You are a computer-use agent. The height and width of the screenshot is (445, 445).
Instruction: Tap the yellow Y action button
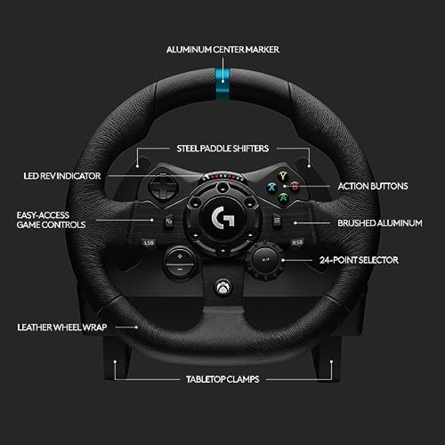(284, 175)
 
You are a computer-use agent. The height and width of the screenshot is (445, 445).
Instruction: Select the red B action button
(295, 186)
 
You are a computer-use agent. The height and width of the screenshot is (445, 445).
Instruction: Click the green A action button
(284, 197)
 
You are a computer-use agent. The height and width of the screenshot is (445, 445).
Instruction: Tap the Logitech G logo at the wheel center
(222, 218)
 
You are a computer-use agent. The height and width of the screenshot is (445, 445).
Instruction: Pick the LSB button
(149, 243)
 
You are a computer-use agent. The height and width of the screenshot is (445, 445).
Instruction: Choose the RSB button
(297, 243)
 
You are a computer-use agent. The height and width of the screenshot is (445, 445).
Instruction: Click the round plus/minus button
(180, 262)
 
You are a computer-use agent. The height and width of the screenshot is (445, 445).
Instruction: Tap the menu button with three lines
(277, 221)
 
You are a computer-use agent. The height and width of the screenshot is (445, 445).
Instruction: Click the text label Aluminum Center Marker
(222, 50)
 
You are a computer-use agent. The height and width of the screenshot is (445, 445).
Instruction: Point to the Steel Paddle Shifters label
(222, 149)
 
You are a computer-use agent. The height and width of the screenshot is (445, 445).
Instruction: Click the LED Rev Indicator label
(62, 176)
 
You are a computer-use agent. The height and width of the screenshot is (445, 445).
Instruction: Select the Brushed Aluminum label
(380, 223)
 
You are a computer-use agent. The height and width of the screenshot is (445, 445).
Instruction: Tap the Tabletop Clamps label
(222, 379)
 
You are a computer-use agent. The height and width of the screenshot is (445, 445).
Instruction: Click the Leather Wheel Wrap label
(62, 327)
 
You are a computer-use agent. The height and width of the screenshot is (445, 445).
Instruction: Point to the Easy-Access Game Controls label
(51, 220)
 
